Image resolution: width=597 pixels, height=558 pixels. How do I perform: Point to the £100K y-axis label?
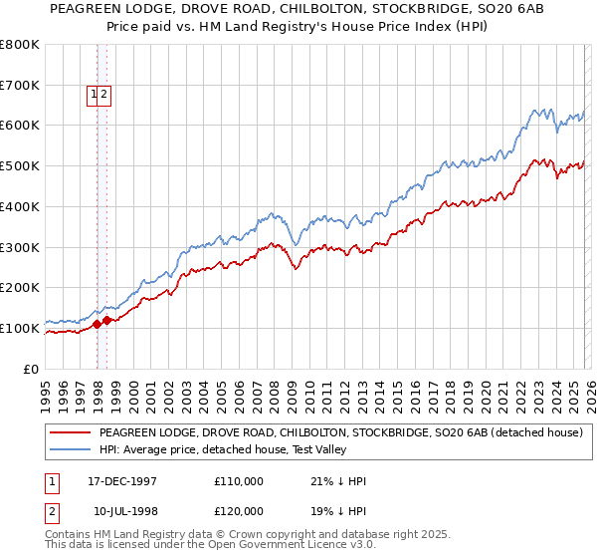(20, 328)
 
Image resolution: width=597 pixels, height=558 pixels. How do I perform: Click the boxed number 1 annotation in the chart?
(95, 96)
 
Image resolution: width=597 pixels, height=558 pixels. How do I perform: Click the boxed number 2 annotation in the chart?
(103, 96)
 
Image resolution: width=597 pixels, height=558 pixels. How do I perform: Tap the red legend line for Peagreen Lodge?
(70, 432)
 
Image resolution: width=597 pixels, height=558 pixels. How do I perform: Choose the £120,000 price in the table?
(239, 510)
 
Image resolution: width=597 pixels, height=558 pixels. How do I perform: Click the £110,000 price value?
(239, 481)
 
